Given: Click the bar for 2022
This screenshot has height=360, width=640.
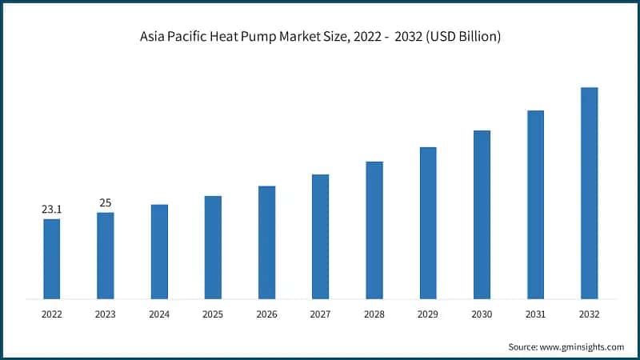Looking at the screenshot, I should coord(52,258).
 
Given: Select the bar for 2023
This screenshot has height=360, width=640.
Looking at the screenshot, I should coord(106,255).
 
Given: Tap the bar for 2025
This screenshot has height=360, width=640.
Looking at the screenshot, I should coord(213,247).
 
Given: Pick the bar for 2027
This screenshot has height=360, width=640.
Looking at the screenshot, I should coord(320,236).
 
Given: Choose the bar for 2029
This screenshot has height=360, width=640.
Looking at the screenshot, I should coord(428,222).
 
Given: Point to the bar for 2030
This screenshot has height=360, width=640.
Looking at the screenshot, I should coord(482,214).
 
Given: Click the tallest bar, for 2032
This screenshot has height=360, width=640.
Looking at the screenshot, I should coord(589,193).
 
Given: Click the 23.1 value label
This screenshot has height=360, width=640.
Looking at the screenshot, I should coord(52,210).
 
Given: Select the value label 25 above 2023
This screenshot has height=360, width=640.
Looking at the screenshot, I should coord(106,203).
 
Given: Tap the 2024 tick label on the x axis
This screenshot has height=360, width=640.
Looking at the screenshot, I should coord(159,315).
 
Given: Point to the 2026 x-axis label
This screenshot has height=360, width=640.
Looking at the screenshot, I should coord(266,315).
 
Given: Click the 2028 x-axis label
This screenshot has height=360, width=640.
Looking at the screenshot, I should coord(374,315).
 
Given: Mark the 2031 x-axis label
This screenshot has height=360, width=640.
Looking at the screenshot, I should coord(535,315).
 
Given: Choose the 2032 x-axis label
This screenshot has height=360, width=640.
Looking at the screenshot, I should coord(589,315).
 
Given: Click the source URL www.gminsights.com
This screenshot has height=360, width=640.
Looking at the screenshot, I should coord(583,346).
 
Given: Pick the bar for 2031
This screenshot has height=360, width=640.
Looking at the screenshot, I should coord(535,204).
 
